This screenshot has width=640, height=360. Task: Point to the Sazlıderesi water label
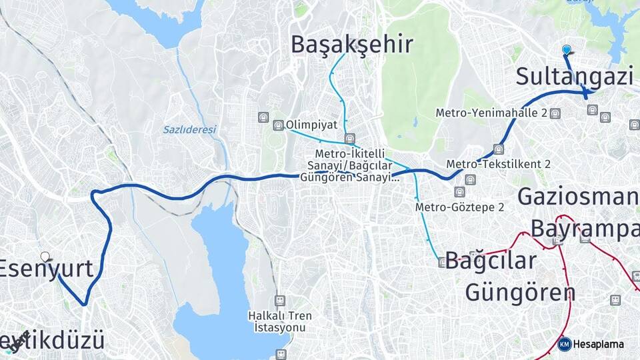(189, 129)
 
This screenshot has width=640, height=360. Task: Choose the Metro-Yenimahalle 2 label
(491, 113)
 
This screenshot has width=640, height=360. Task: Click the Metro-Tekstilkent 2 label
(498, 164)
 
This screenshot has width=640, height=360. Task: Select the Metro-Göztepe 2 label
(459, 207)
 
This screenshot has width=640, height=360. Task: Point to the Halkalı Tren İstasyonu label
(279, 321)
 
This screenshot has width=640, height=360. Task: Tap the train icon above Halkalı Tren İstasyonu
(279, 301)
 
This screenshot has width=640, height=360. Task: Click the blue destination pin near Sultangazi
(567, 50)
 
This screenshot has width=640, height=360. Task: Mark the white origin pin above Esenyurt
(45, 257)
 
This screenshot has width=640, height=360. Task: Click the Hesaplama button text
(599, 345)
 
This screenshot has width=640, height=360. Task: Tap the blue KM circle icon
(564, 344)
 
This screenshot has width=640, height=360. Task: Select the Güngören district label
(520, 292)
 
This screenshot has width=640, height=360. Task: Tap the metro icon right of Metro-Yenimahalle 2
(555, 113)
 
